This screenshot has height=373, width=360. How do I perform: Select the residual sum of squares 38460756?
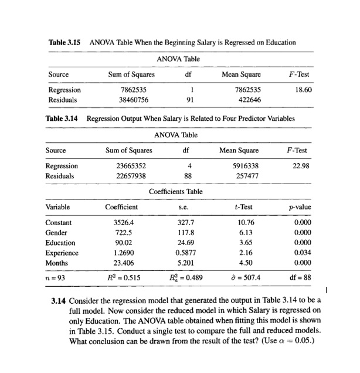tap(133, 100)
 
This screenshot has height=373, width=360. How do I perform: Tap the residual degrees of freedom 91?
tap(186, 100)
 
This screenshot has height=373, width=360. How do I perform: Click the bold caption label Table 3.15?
tap(65, 42)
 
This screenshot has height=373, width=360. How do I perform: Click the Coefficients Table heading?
tap(176, 191)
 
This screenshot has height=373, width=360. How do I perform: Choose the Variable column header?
tap(57, 207)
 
